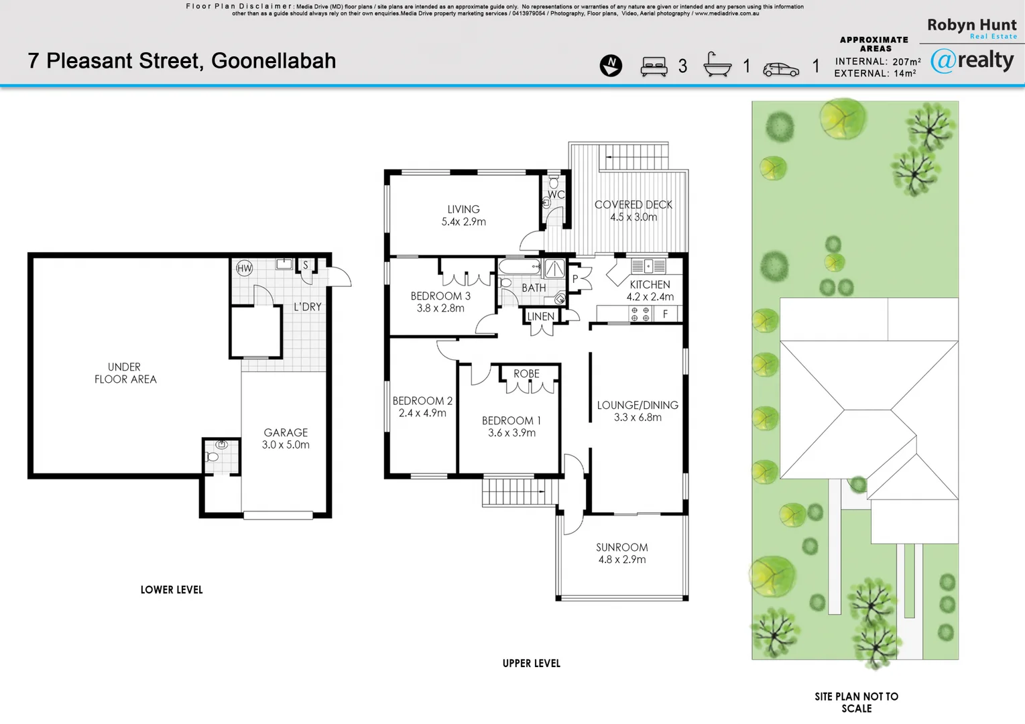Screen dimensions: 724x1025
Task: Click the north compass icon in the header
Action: click(x=611, y=66)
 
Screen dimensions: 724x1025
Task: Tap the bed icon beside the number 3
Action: click(x=654, y=66)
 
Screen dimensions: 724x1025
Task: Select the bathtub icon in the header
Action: click(x=717, y=65)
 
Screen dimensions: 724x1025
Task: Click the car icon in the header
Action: click(x=781, y=69)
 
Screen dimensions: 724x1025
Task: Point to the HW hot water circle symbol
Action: click(x=245, y=269)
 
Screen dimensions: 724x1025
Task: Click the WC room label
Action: click(x=556, y=195)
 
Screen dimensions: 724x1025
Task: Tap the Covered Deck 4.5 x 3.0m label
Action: click(x=633, y=210)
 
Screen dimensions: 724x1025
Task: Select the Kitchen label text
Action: click(x=650, y=284)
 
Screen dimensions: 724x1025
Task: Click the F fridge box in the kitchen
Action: click(x=665, y=314)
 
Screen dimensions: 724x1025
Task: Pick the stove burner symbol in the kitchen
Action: click(x=640, y=314)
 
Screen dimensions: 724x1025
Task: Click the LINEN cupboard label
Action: click(x=540, y=316)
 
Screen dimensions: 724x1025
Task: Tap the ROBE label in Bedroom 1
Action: click(x=526, y=373)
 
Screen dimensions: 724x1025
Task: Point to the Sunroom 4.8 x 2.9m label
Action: click(x=622, y=553)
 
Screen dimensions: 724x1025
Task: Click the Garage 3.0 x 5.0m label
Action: click(x=286, y=438)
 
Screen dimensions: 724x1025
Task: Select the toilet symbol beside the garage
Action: click(x=213, y=457)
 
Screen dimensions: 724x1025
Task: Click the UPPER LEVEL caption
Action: click(x=531, y=663)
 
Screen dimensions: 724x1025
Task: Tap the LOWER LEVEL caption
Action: click(x=172, y=590)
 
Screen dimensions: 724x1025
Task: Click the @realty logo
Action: click(x=972, y=60)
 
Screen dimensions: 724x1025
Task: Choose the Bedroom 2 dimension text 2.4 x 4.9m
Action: click(x=422, y=413)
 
